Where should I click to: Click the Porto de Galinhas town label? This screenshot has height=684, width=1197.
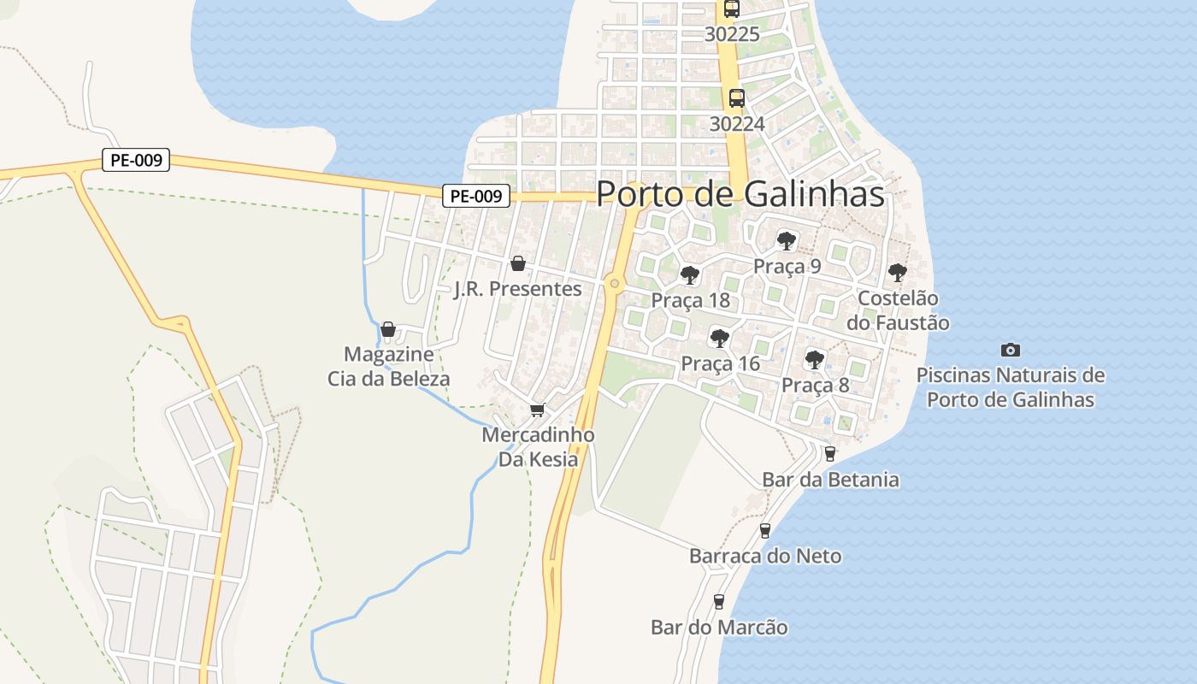[x=740, y=194]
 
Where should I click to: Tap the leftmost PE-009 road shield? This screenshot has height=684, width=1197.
[x=136, y=160]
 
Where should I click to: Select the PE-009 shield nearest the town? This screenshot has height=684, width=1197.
[x=476, y=196]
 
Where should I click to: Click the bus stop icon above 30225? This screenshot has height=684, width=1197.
[x=731, y=9]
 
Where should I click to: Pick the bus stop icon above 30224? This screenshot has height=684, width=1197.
[x=737, y=98]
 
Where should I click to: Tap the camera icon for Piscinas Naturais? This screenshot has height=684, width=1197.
[x=1010, y=350]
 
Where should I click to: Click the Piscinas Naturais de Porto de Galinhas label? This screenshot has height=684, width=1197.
[x=1010, y=387]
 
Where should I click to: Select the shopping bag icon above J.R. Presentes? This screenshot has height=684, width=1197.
[x=517, y=263]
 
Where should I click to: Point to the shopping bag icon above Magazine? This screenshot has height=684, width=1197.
[x=388, y=329]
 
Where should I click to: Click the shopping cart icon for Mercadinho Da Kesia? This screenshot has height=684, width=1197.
[x=537, y=410]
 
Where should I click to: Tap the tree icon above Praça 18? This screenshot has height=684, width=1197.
[x=690, y=275]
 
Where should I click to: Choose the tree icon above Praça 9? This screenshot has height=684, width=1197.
[x=787, y=241]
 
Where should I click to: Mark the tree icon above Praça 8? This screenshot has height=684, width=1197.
[x=815, y=359]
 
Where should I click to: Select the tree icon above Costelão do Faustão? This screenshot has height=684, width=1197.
[x=897, y=273]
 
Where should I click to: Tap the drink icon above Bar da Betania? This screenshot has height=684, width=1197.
[x=829, y=454]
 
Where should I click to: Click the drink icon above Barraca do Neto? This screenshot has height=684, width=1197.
[x=765, y=531]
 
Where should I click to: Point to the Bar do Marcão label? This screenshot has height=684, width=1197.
[x=719, y=628]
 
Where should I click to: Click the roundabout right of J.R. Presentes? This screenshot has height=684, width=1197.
[x=614, y=283]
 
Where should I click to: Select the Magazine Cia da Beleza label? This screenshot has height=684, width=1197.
[x=389, y=366]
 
